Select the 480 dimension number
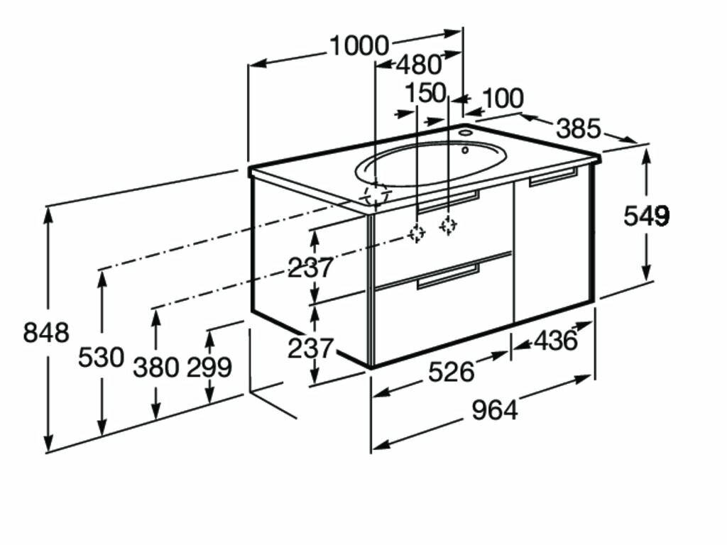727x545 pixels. [x=419, y=65]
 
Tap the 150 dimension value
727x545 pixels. [x=425, y=92]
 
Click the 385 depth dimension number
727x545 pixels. [x=578, y=129]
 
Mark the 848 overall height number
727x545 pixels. [x=46, y=331]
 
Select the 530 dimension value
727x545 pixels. [x=101, y=357]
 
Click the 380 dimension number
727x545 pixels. [x=156, y=367]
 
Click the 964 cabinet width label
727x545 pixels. [x=495, y=410]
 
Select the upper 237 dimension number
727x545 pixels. [x=310, y=268]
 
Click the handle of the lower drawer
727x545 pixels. [x=449, y=277]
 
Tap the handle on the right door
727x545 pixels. [x=554, y=177]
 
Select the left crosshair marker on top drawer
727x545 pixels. [x=417, y=232]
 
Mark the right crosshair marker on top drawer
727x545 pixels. [x=447, y=225]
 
